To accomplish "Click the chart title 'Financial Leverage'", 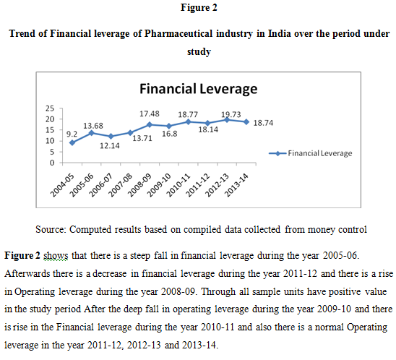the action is [x=199, y=89].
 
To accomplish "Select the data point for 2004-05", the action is [x=72, y=142].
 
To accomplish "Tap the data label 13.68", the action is [x=93, y=126].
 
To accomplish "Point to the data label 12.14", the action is [x=110, y=146].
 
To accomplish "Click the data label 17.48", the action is [x=150, y=113].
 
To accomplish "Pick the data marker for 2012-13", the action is [x=227, y=120].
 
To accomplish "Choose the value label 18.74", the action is [x=263, y=123].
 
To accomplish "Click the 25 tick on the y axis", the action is [x=50, y=108].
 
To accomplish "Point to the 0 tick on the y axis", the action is [x=52, y=163].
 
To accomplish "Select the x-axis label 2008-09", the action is [x=139, y=185].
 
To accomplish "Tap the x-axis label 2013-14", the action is [x=236, y=185].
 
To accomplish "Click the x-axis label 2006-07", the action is [x=101, y=185].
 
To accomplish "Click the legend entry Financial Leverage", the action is [x=311, y=153].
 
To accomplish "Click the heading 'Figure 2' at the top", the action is [x=199, y=7].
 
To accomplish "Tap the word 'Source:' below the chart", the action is [x=51, y=229].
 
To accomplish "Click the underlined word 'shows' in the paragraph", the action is [x=56, y=255].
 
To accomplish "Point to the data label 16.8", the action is [x=170, y=134].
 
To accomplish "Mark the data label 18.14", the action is [x=208, y=129].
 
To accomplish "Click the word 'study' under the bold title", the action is [x=199, y=52].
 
